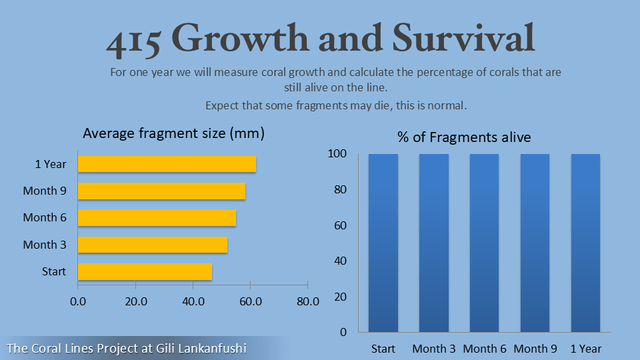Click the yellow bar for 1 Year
pyautogui.click(x=167, y=164)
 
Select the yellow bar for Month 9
pyautogui.click(x=161, y=191)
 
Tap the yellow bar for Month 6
pyautogui.click(x=157, y=217)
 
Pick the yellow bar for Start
pyautogui.click(x=145, y=271)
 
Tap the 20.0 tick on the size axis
pyautogui.click(x=135, y=301)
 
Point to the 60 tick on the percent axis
pyautogui.click(x=339, y=225)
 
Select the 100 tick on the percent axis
pyautogui.click(x=337, y=154)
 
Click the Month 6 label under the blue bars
pyautogui.click(x=485, y=349)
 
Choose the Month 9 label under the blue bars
pyautogui.click(x=535, y=349)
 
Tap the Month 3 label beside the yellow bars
pyautogui.click(x=45, y=245)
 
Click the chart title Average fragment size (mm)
pyautogui.click(x=173, y=133)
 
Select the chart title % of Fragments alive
pyautogui.click(x=464, y=137)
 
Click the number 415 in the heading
pyautogui.click(x=133, y=40)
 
